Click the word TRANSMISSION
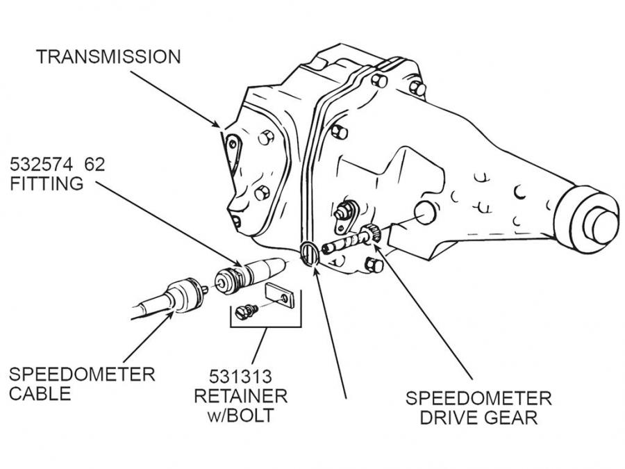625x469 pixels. click(x=108, y=56)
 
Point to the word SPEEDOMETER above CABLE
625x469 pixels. click(x=81, y=375)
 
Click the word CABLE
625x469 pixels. click(x=40, y=394)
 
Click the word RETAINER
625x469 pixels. click(x=240, y=397)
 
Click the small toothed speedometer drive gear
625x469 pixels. click(x=369, y=235)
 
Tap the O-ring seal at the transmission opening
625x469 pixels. click(x=309, y=253)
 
